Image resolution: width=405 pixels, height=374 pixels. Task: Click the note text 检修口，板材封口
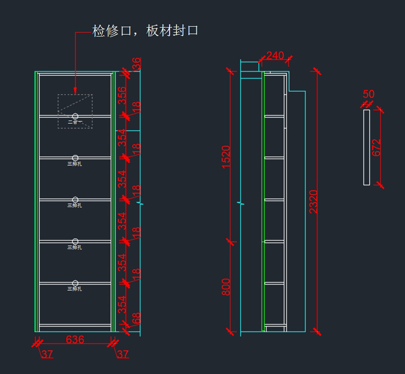pos(145,31)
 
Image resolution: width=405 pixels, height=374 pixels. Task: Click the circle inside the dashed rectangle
pos(75,116)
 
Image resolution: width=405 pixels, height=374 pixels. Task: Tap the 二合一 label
pos(75,122)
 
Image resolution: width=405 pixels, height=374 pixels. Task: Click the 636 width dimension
pos(75,339)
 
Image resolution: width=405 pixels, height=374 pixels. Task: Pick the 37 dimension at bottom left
pos(48,354)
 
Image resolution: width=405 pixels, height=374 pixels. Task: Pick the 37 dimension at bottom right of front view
pos(123,354)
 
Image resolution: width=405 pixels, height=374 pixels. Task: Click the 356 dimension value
pos(122,95)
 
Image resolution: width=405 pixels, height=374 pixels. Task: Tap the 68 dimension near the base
pos(136,318)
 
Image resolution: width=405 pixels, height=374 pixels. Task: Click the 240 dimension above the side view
pos(275,56)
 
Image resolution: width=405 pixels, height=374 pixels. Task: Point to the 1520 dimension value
pos(226,156)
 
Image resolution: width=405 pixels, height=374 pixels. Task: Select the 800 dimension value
pos(226,287)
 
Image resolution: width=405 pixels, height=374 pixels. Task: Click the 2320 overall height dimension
pos(314,201)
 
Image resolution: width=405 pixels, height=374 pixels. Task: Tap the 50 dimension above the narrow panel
pos(369,94)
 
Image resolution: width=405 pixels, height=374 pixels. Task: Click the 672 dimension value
pos(376,147)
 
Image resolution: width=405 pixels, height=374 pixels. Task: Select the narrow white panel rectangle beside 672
pos(367,147)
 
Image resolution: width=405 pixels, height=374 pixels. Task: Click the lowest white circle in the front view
pos(75,283)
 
